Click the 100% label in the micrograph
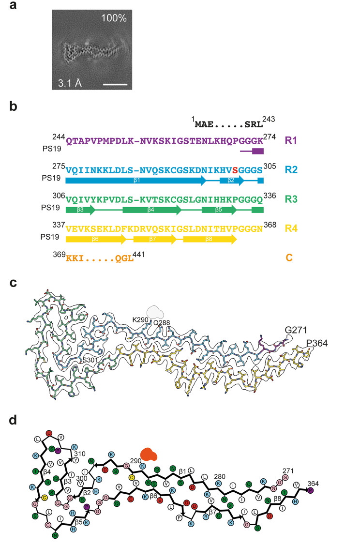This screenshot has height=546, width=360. pos(114,19)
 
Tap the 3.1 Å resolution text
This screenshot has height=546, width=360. pos(69,82)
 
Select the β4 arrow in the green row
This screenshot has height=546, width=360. pos(151,210)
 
